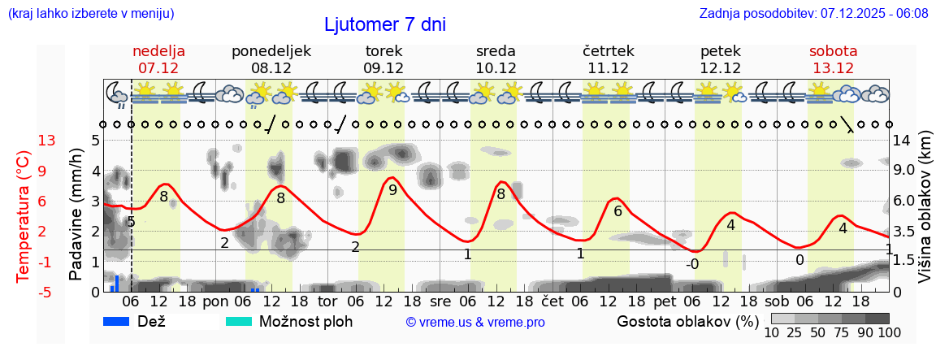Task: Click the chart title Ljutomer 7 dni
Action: (x=385, y=24)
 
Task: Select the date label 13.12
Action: (x=833, y=68)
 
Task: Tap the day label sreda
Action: (x=496, y=51)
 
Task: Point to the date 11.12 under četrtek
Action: (x=608, y=68)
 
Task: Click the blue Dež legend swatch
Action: (x=118, y=321)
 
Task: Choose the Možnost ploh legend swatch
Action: (x=239, y=321)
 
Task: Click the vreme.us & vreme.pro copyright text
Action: (x=475, y=322)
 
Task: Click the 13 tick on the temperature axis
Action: (x=47, y=141)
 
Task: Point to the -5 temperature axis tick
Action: (x=47, y=292)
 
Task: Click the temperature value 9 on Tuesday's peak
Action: (x=392, y=190)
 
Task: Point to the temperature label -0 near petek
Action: (x=692, y=264)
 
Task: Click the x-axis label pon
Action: (x=216, y=301)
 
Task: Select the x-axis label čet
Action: (x=552, y=301)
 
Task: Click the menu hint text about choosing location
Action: (x=91, y=13)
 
